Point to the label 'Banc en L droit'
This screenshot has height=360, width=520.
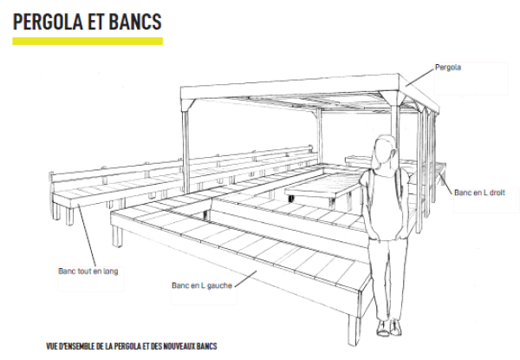pyautogui.click(x=479, y=193)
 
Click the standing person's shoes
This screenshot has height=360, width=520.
pyautogui.click(x=387, y=327)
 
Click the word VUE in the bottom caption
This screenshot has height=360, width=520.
pyautogui.click(x=55, y=345)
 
